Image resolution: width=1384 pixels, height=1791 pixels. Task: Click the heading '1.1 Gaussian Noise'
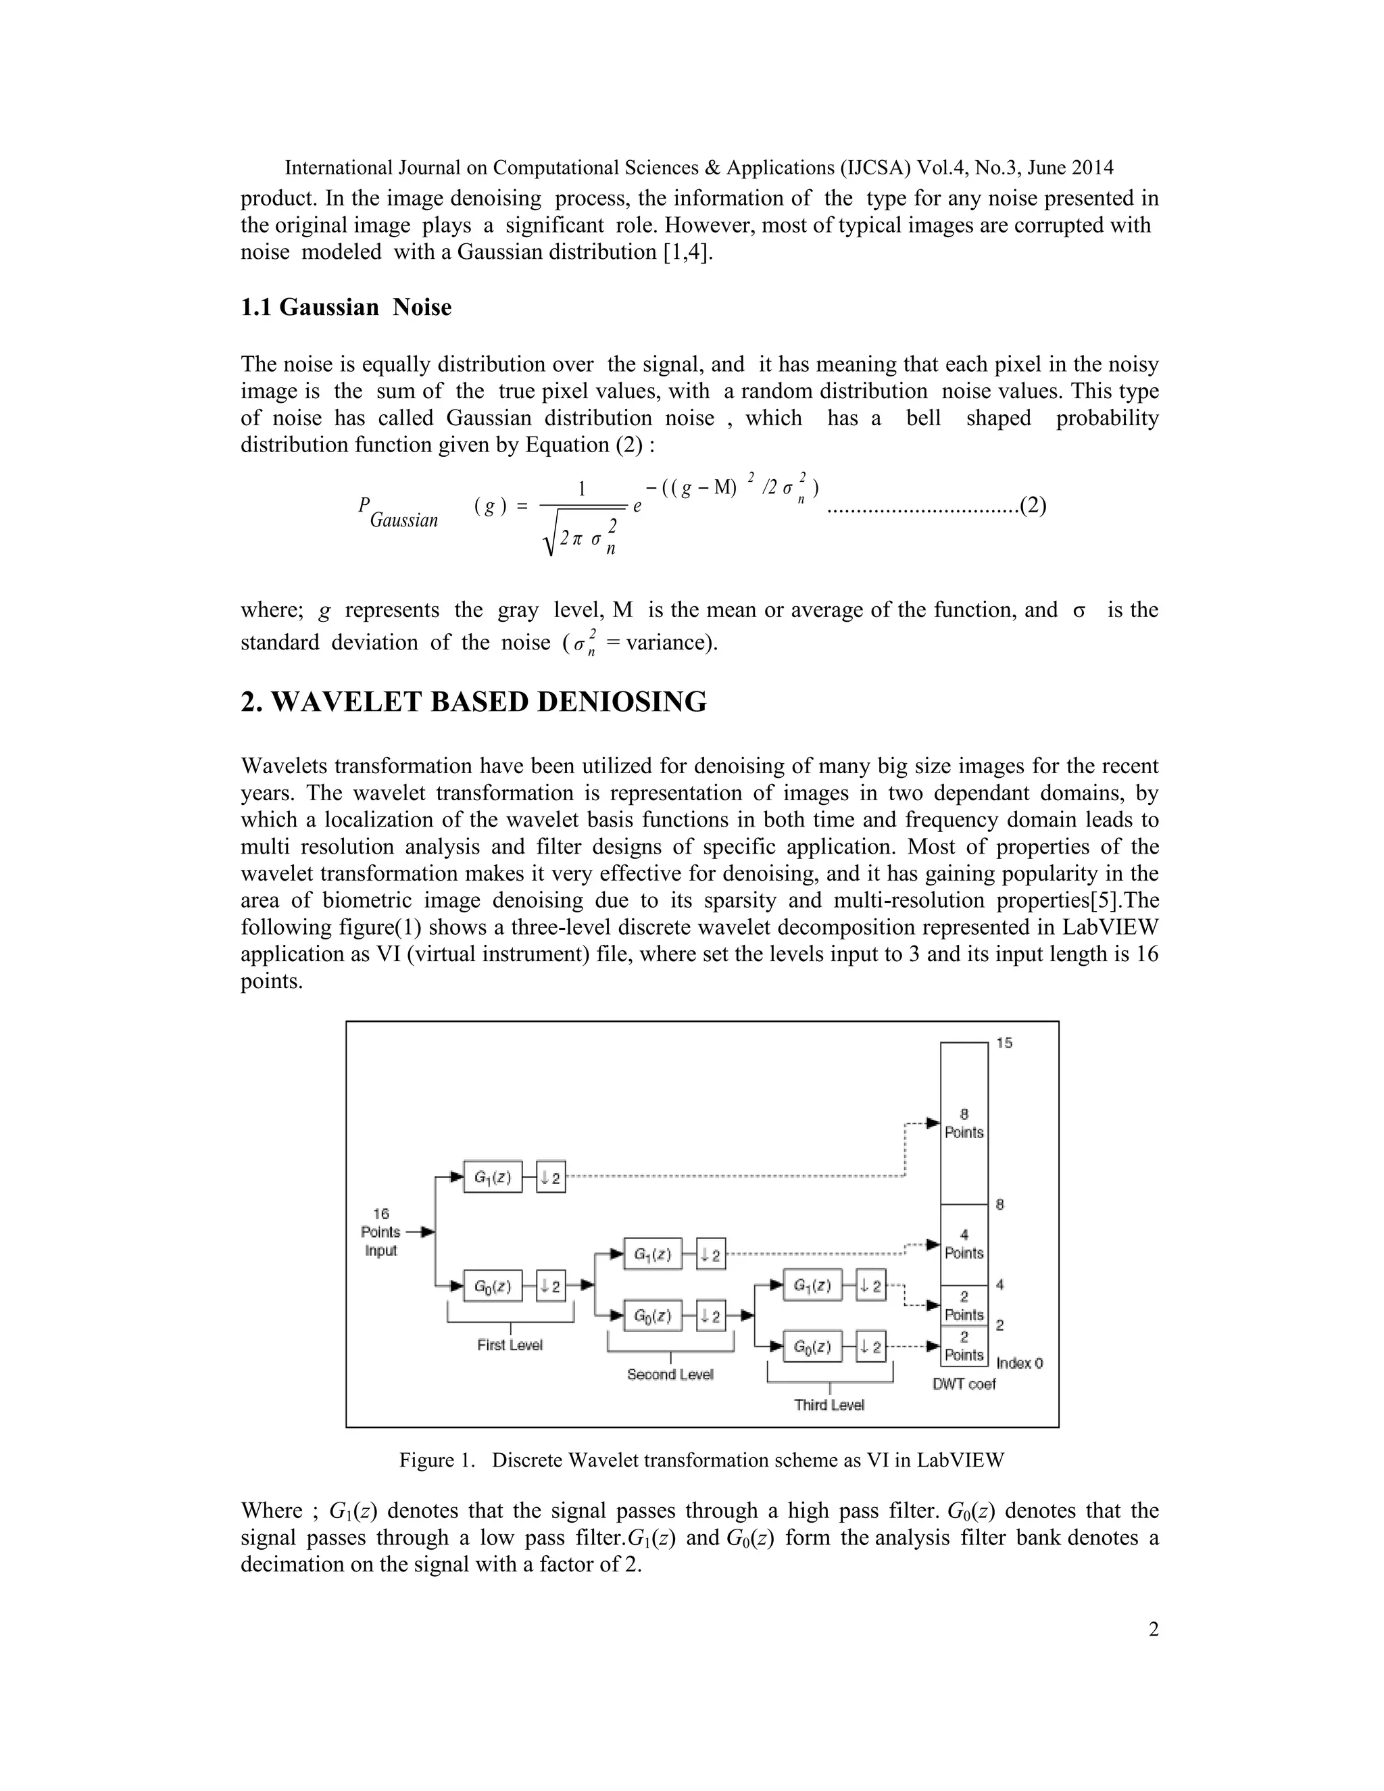(345, 308)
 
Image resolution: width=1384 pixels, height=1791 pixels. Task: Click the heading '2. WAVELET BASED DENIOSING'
(473, 702)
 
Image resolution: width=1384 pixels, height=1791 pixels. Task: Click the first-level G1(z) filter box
(493, 1177)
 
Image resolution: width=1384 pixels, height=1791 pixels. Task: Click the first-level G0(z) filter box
(493, 1286)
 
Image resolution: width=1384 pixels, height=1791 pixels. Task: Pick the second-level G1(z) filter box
(653, 1254)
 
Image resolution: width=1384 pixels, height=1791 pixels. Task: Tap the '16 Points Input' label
(380, 1231)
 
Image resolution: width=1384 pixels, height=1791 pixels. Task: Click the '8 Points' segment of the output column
(964, 1123)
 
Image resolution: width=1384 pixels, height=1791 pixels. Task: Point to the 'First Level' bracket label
(510, 1345)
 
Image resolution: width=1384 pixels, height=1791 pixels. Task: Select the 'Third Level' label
(829, 1405)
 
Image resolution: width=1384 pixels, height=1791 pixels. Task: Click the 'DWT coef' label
(964, 1384)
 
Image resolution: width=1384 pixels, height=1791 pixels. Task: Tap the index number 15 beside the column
(1004, 1043)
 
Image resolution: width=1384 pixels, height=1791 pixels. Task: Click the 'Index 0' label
(1019, 1363)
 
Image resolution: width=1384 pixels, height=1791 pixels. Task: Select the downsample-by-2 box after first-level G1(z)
(551, 1177)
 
